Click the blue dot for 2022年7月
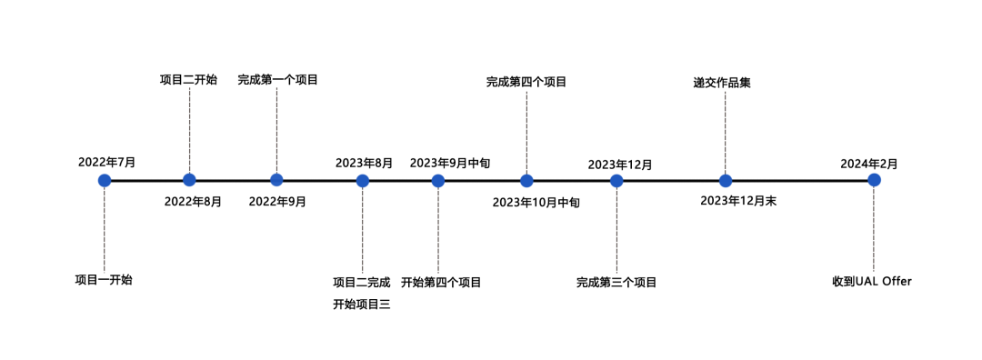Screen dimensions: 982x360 [105, 180]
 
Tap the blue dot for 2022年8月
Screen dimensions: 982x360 [189, 180]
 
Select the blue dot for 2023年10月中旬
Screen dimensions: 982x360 [526, 180]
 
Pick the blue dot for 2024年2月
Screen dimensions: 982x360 [874, 180]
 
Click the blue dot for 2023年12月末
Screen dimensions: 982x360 [726, 180]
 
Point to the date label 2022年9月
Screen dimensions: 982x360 [277, 202]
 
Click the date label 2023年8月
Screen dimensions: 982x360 [364, 163]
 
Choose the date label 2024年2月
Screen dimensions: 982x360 [869, 164]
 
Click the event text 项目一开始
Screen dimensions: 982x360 [104, 279]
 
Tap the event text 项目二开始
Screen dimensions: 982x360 [188, 80]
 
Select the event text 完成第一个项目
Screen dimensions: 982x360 [278, 80]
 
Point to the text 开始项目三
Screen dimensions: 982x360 [362, 305]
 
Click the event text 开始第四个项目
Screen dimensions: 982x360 [441, 282]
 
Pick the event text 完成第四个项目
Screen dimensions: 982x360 [526, 82]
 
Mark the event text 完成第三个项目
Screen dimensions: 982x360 [616, 282]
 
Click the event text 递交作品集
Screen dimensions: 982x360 [721, 83]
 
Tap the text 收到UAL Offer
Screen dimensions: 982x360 [872, 281]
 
